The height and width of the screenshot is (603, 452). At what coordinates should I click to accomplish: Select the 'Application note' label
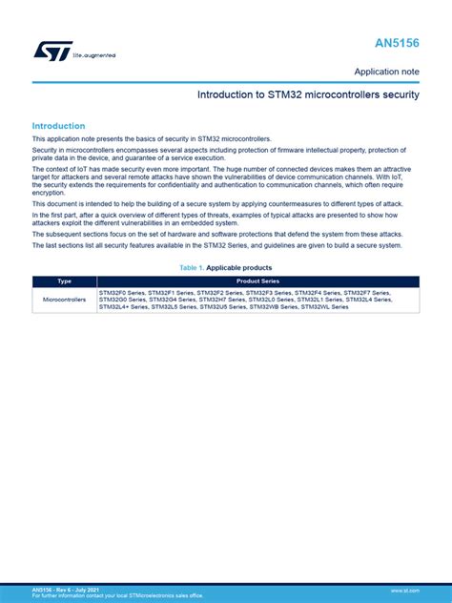[386, 72]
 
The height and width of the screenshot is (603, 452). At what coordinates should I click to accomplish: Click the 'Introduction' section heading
[58, 126]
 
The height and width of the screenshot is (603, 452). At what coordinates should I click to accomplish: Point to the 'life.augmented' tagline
[94, 55]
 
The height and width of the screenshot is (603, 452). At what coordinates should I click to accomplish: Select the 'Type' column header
[65, 281]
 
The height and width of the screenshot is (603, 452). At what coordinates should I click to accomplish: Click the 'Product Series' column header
[257, 281]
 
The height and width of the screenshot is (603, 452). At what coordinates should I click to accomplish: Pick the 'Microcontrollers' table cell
[65, 300]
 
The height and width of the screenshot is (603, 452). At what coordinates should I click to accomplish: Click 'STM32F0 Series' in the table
[122, 292]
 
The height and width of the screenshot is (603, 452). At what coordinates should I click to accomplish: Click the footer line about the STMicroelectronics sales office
[117, 596]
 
